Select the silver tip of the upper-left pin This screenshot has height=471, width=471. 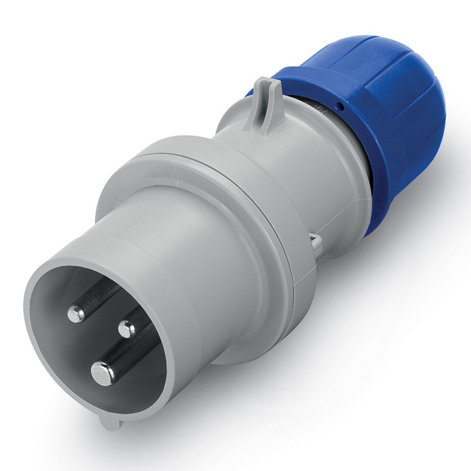[x=76, y=315]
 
